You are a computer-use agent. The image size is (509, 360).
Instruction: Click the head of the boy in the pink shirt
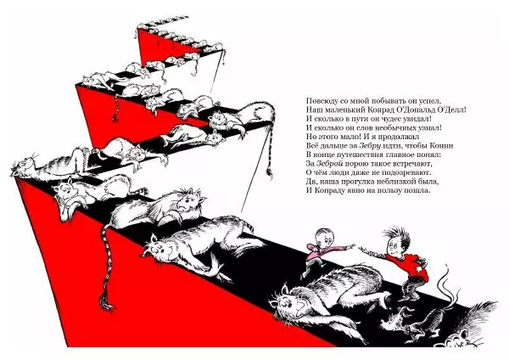324,237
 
